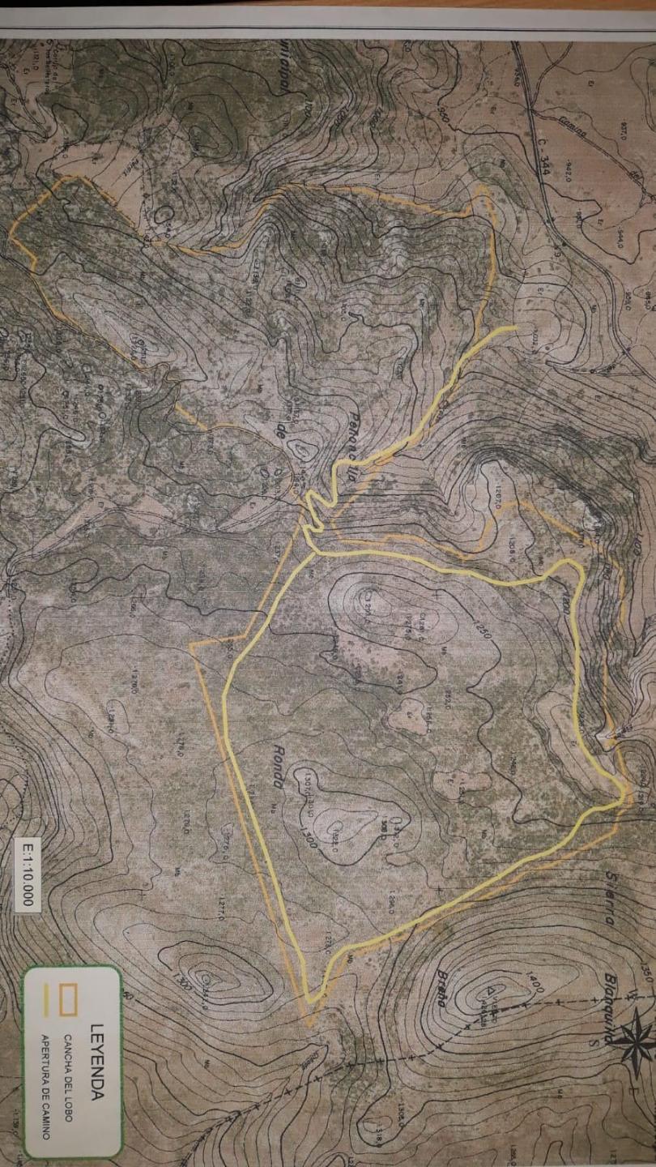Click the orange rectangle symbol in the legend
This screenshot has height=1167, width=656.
click(70, 1000)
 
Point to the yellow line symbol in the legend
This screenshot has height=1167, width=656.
click(46, 1000)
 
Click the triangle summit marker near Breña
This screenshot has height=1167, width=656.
click(491, 990)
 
